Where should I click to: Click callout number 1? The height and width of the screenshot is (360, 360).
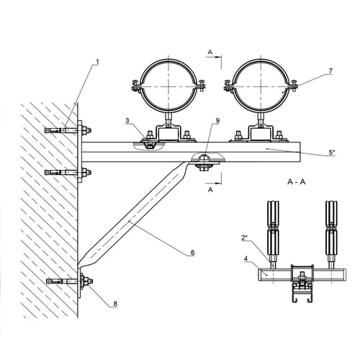pos(97,62)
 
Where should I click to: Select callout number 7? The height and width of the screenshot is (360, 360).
pos(330,71)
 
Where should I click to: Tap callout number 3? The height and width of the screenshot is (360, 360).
pos(127,120)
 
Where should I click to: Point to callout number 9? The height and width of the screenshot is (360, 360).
pos(217,120)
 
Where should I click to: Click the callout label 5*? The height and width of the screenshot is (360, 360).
pos(332,152)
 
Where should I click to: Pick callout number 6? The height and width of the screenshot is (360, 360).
pos(192,253)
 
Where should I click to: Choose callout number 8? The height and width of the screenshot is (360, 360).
pos(115,304)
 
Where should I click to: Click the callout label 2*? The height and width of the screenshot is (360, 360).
pos(244,238)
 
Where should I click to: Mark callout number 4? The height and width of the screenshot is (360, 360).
pos(246,258)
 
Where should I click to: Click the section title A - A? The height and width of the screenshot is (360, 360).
pos(297,182)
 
